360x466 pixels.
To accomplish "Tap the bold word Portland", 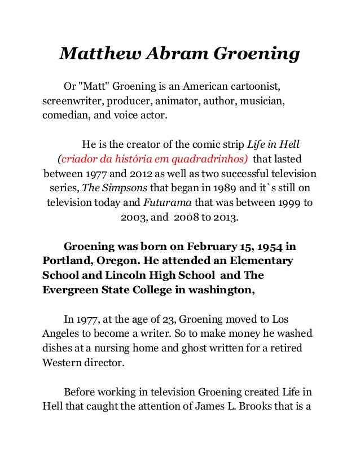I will click(x=65, y=262).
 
